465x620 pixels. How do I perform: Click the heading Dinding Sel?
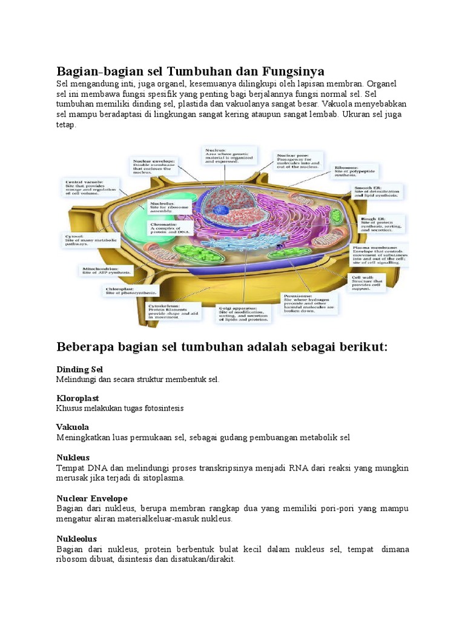tap(80, 369)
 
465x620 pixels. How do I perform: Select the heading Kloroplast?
tap(77, 398)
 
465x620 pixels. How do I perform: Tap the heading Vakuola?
tap(73, 427)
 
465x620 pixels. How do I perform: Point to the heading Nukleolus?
tap(77, 538)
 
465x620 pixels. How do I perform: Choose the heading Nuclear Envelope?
tap(92, 498)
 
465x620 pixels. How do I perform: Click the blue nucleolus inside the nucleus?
tap(220, 210)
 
